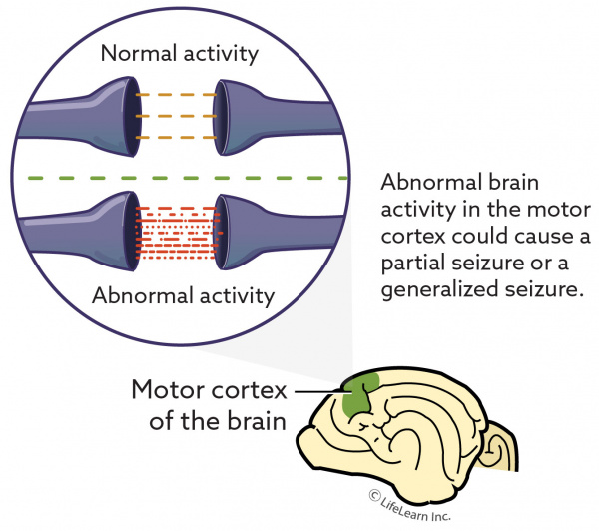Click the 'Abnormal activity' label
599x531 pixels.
pos(182,295)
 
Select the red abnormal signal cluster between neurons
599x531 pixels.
pos(176,234)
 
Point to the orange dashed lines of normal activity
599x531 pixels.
pos(177,117)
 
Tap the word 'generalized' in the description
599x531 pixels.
pos(430,292)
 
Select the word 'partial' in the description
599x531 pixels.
pos(412,266)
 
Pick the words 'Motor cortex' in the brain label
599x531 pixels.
pos(207,388)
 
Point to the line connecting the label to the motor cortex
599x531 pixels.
pos(320,391)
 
